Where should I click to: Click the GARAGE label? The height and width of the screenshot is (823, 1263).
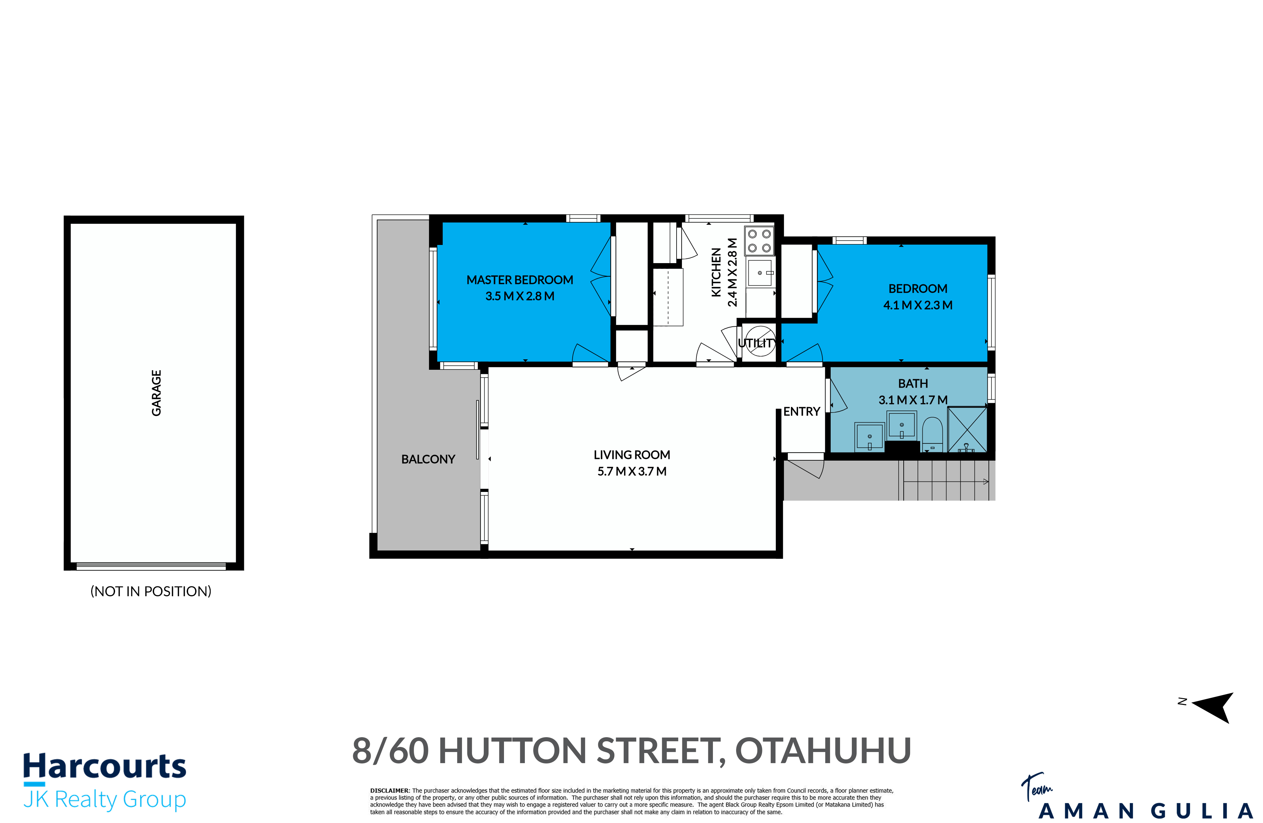[x=156, y=393]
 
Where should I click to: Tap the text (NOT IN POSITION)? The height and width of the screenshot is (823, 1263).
[x=151, y=591]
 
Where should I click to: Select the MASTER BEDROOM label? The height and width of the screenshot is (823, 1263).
[x=519, y=280]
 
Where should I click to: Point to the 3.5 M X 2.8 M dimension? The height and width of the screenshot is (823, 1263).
[x=519, y=296]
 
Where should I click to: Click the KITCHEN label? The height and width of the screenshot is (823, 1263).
[x=716, y=272]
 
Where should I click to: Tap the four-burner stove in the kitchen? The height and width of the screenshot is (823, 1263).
[x=759, y=241]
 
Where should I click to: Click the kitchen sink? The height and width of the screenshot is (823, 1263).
[x=760, y=273]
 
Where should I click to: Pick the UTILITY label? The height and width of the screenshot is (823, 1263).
[x=757, y=343]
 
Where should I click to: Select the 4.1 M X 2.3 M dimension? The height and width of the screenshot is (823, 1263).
[x=917, y=305]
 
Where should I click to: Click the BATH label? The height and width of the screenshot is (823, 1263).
[x=913, y=383]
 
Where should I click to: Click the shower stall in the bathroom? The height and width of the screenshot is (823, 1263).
[x=967, y=429]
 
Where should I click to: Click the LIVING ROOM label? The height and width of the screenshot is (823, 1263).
[x=631, y=455]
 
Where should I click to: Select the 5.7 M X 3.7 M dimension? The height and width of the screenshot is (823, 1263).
[x=631, y=471]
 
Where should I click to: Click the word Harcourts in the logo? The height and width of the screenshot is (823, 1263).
[x=105, y=767]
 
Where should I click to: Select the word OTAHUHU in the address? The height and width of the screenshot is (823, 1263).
[x=823, y=751]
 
